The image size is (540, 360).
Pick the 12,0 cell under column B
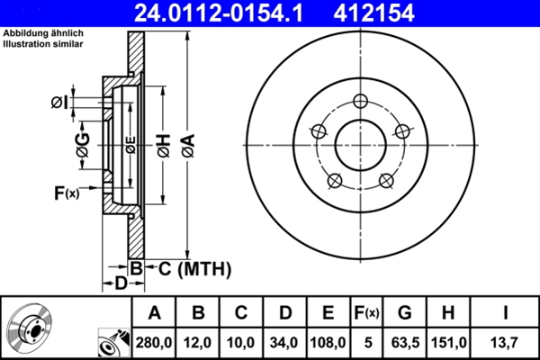(x=199, y=342)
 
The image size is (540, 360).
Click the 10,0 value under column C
(x=241, y=342)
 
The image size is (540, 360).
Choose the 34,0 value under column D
(x=284, y=342)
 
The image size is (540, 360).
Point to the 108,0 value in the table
(x=328, y=342)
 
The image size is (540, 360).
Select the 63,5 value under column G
(x=405, y=342)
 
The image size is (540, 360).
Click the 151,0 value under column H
(x=451, y=342)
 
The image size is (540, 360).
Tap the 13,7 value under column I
(x=506, y=342)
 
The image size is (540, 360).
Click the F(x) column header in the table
(x=366, y=313)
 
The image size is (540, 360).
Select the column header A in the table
(x=155, y=313)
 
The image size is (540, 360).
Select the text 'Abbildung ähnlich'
(x=41, y=34)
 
